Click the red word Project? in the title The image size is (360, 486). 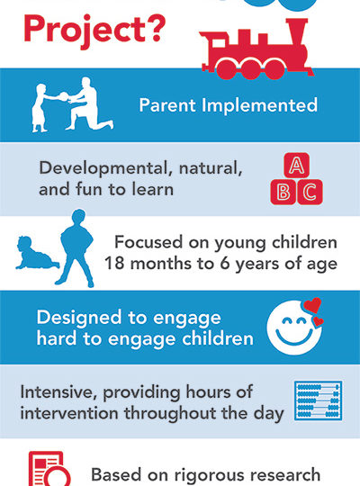tap(94, 30)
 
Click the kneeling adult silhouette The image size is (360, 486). tap(89, 103)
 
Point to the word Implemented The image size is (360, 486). tap(259, 105)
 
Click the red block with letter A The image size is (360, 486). tap(296, 166)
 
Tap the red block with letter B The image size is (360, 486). tap(283, 193)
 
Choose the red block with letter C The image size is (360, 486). tap(310, 193)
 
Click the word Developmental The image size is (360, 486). tap(105, 168)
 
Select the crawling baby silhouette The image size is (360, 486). tap(36, 253)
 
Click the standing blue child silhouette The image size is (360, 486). tap(76, 248)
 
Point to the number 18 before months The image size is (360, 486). tap(114, 264)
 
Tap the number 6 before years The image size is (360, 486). tap(225, 264)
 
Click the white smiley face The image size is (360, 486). tap(293, 328)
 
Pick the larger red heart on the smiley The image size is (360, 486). tap(312, 305)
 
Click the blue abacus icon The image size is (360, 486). tap(318, 400)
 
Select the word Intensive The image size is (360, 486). tap(59, 392)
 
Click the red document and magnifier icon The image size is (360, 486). tap(49, 469)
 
